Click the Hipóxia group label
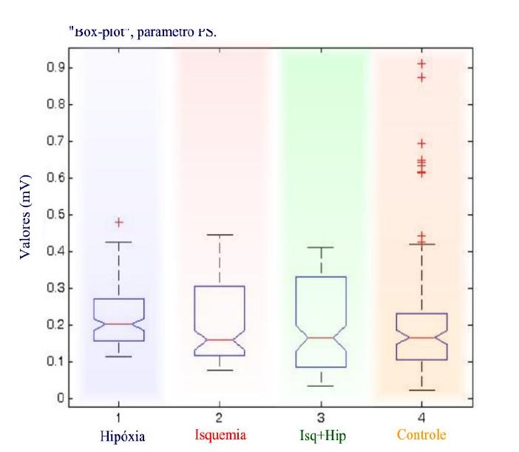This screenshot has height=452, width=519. [x=118, y=435]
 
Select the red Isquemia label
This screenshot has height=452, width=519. [x=218, y=434]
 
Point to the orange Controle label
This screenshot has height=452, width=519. [x=421, y=434]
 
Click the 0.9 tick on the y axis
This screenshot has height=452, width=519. [x=55, y=68]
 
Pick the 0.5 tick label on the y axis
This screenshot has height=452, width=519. [x=55, y=215]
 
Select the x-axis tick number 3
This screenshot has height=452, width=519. [x=321, y=418]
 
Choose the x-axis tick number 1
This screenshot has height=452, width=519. [x=118, y=418]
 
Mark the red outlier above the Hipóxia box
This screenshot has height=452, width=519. [x=118, y=222]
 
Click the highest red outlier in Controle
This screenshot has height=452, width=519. [x=421, y=64]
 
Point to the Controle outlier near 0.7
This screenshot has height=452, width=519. [x=421, y=144]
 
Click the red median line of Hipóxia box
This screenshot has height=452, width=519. [x=118, y=324]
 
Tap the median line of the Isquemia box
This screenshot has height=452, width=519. [x=220, y=340]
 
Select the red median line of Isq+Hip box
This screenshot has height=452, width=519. [x=321, y=337]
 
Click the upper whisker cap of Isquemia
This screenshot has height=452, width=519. [x=220, y=235]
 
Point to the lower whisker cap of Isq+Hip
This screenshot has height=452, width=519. [x=321, y=385]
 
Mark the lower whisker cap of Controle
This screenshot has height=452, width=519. [x=421, y=390]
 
